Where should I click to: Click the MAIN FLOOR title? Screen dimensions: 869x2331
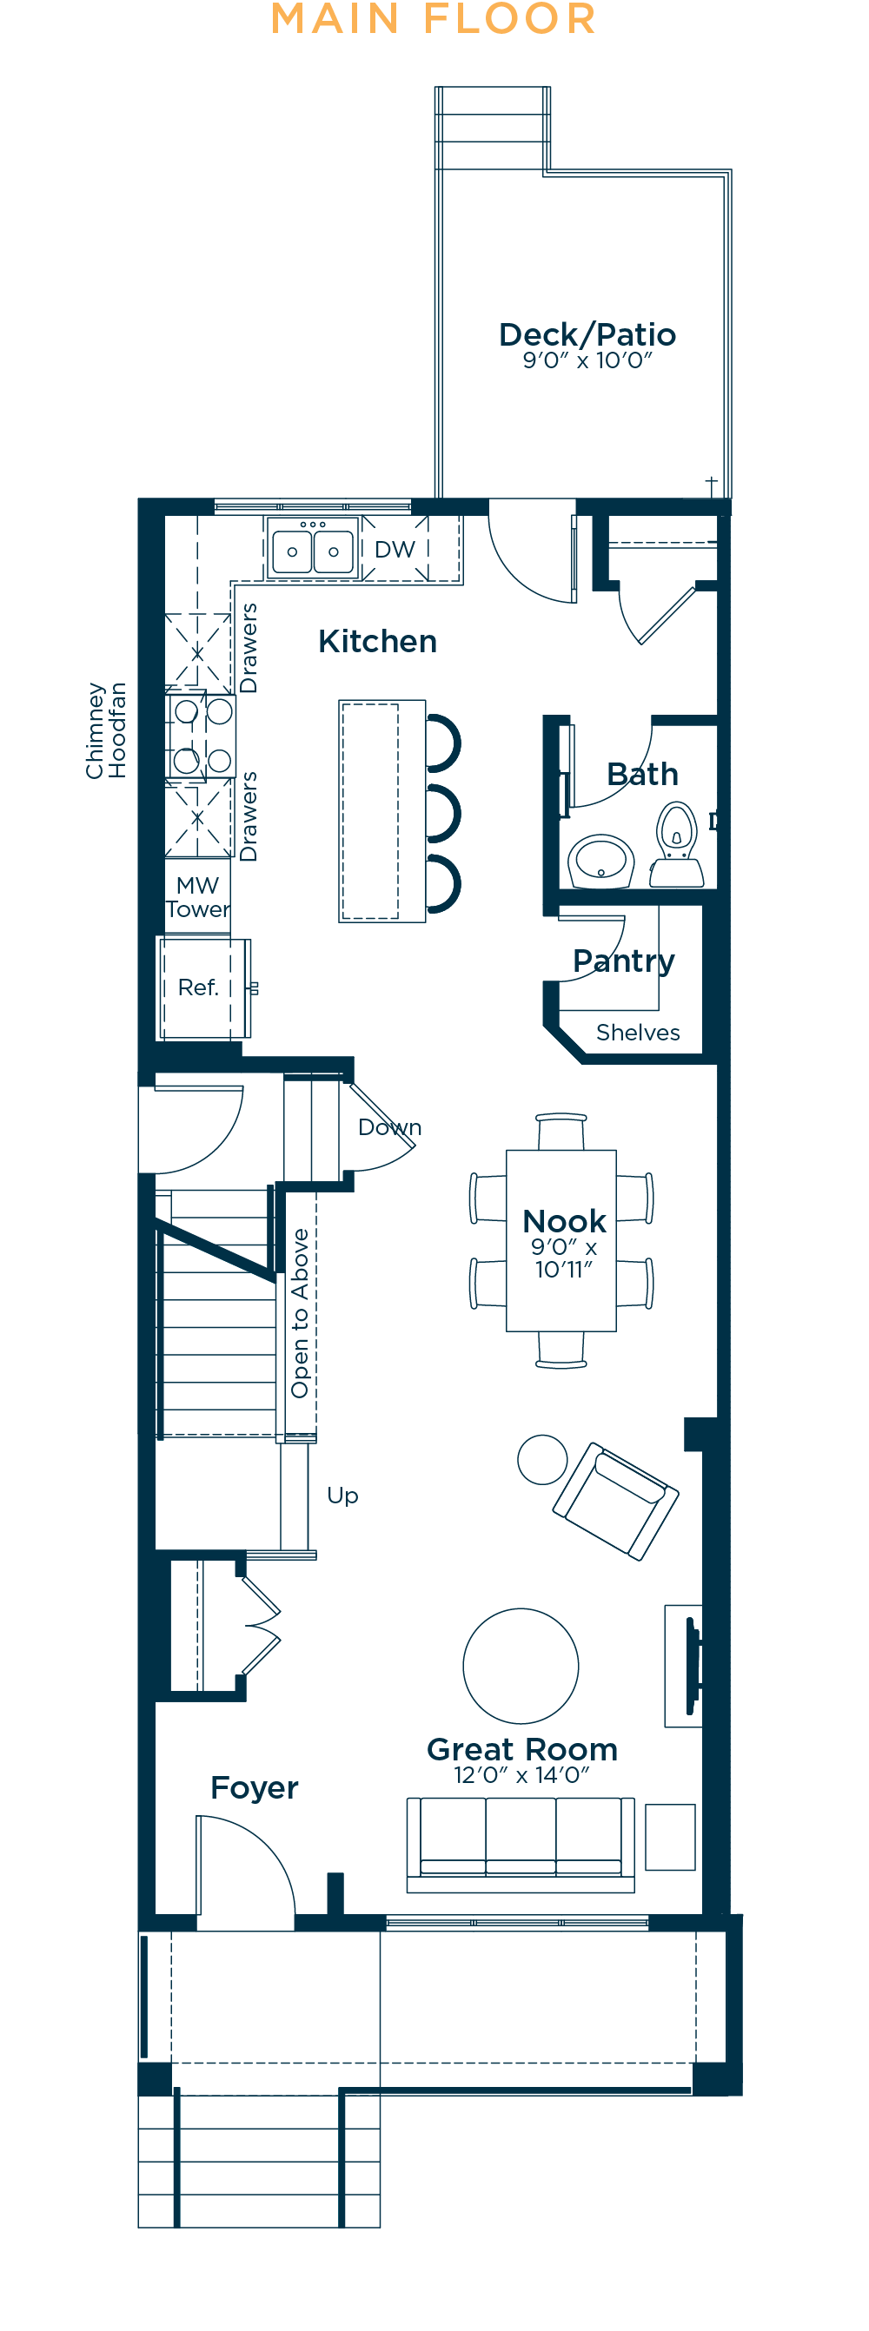(434, 19)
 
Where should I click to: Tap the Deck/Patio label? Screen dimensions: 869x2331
(587, 335)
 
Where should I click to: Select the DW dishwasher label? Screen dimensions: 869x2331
(395, 549)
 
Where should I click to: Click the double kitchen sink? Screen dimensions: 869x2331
(313, 549)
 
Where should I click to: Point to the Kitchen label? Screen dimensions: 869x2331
(377, 641)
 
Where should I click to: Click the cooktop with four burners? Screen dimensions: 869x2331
(201, 735)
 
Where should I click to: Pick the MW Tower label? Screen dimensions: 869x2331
(197, 897)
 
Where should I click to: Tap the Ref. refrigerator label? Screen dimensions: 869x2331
(198, 987)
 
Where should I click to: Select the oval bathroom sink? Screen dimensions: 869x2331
(601, 860)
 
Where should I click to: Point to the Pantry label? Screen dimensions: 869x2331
(624, 961)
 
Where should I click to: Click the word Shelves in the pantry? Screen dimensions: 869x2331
(638, 1033)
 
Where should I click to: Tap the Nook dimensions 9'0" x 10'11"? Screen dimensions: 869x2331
(564, 1258)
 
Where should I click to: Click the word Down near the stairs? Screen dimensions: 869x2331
(390, 1126)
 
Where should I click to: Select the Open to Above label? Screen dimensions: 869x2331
(300, 1313)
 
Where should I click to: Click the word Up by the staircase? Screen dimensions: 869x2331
(343, 1495)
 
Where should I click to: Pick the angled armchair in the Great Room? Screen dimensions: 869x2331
(615, 1502)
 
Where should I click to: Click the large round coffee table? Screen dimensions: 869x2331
(521, 1666)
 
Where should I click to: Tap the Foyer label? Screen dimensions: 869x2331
(255, 1787)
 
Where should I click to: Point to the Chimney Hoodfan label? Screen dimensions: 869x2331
(106, 730)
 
